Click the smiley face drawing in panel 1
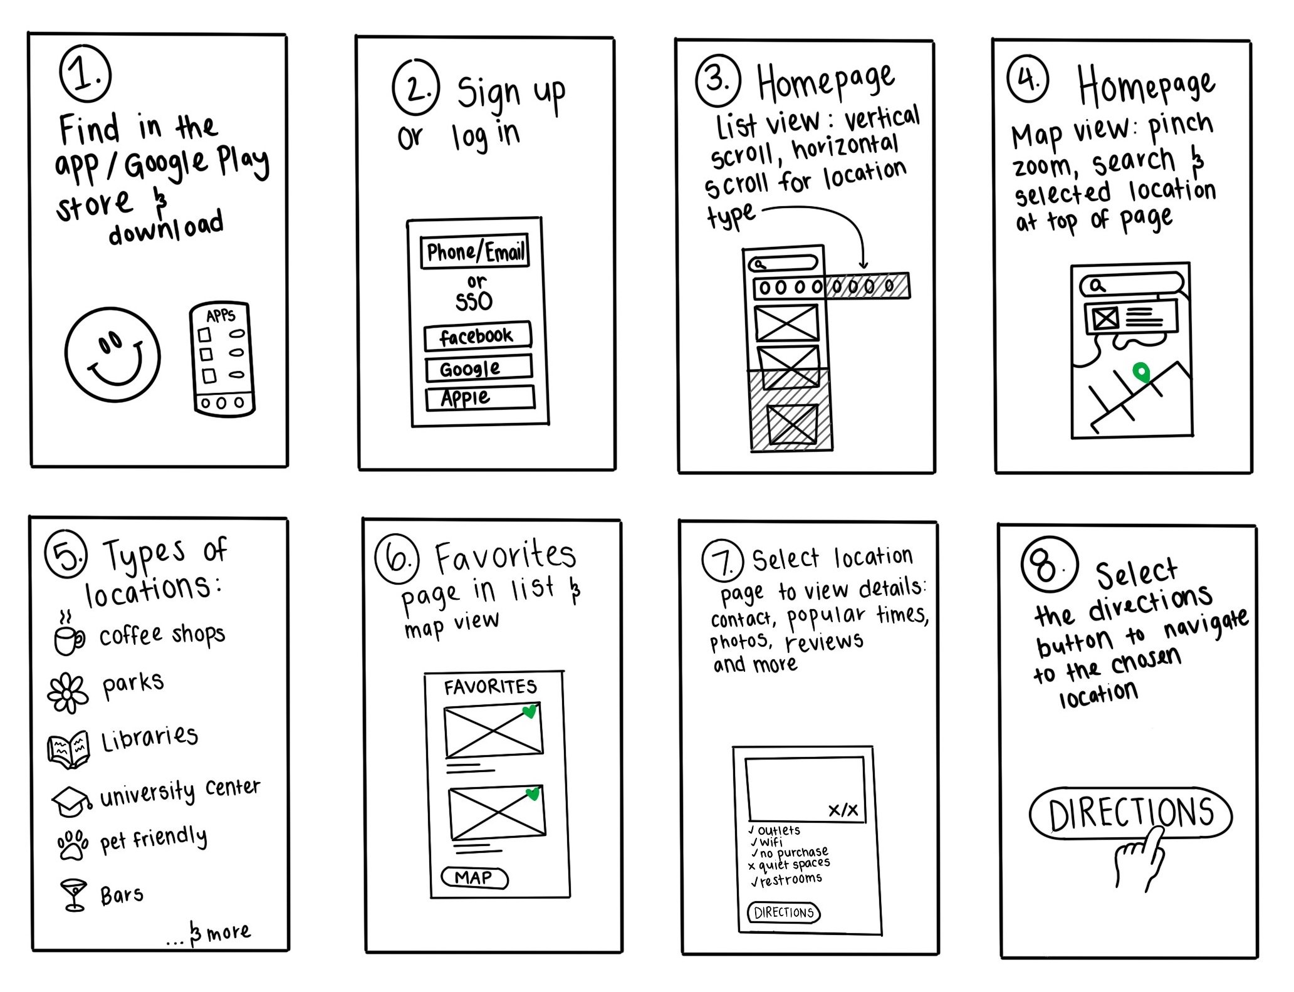coord(113,358)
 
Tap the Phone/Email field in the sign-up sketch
coord(474,252)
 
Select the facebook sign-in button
coord(477,337)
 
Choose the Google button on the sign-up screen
coord(478,368)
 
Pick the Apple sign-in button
coord(479,398)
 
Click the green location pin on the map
coord(1142,373)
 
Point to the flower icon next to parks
coord(68,692)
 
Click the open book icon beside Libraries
coord(68,749)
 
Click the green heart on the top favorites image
coord(530,712)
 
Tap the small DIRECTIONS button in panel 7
coord(783,912)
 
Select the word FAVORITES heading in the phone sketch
coord(490,687)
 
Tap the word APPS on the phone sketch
coord(221,315)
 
